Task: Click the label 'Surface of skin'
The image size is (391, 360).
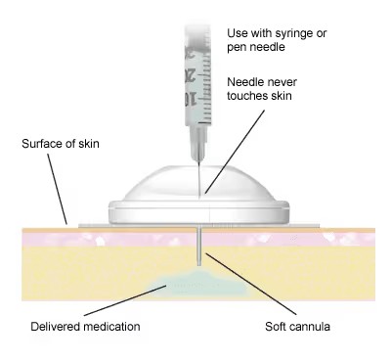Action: [61, 144]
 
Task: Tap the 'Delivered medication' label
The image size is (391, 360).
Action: [85, 327]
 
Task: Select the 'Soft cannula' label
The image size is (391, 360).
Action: [297, 327]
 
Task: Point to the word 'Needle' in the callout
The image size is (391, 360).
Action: [243, 82]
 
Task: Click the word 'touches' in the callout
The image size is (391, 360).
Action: [245, 96]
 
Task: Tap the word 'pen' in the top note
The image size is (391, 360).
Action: [236, 48]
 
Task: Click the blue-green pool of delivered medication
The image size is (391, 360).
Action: [199, 283]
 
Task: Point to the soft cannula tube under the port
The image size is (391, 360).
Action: [199, 247]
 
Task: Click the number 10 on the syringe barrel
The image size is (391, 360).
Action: [191, 99]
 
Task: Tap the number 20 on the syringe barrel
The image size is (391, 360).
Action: [191, 74]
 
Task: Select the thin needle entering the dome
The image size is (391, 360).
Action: [198, 178]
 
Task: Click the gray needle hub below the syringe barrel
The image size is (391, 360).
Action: [198, 143]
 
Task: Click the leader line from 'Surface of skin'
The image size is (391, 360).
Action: [58, 189]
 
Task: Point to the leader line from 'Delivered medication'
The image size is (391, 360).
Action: [126, 300]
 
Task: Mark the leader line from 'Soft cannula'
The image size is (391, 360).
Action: [250, 284]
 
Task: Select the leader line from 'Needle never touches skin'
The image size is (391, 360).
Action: [235, 152]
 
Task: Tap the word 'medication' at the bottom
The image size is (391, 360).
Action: [111, 327]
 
